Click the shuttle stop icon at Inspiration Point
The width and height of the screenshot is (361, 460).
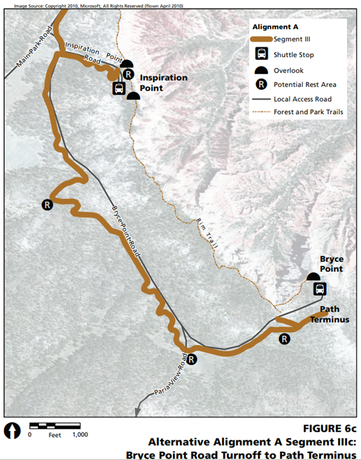coord(119,88)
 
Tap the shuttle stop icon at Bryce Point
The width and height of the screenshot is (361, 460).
coord(320,289)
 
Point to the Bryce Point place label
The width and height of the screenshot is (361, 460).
coord(332,263)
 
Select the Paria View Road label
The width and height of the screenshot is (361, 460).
coord(170,376)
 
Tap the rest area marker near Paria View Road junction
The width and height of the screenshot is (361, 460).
coord(192,359)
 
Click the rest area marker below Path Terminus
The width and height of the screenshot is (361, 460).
coord(285,339)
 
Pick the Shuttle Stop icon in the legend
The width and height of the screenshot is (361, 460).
coord(262,55)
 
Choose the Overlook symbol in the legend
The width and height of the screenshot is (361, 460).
coord(262,71)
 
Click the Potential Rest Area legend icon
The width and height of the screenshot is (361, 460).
coord(262,84)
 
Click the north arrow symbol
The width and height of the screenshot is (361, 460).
coord(12,430)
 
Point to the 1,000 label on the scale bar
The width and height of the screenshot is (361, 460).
coord(80,435)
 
